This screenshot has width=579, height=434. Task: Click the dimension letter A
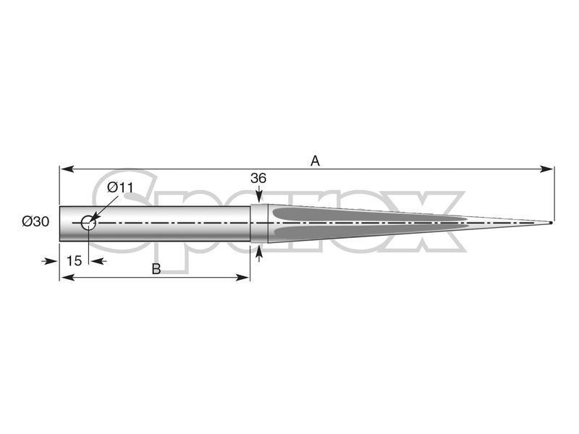[315, 161]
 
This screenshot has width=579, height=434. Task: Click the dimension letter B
[156, 268]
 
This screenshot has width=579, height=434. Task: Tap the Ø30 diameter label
[35, 221]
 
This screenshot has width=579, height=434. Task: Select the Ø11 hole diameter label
[120, 187]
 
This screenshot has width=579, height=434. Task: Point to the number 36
[258, 178]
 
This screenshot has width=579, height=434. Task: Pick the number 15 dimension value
[74, 260]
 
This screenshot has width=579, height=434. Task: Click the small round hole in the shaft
[88, 222]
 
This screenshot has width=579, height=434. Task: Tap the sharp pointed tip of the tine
[551, 222]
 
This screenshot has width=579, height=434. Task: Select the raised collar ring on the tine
[259, 223]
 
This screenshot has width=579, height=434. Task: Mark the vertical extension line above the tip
[554, 192]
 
